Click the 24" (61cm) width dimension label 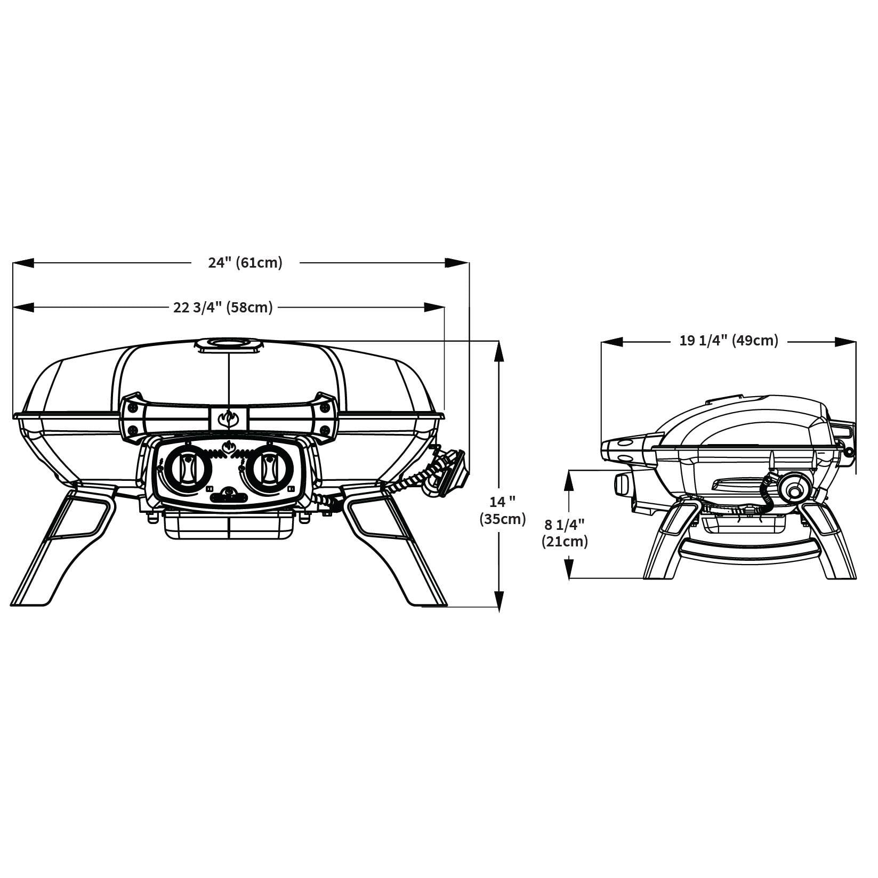245,262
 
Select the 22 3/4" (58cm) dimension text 223,308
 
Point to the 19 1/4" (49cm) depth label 729,341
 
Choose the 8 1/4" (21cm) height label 565,533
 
